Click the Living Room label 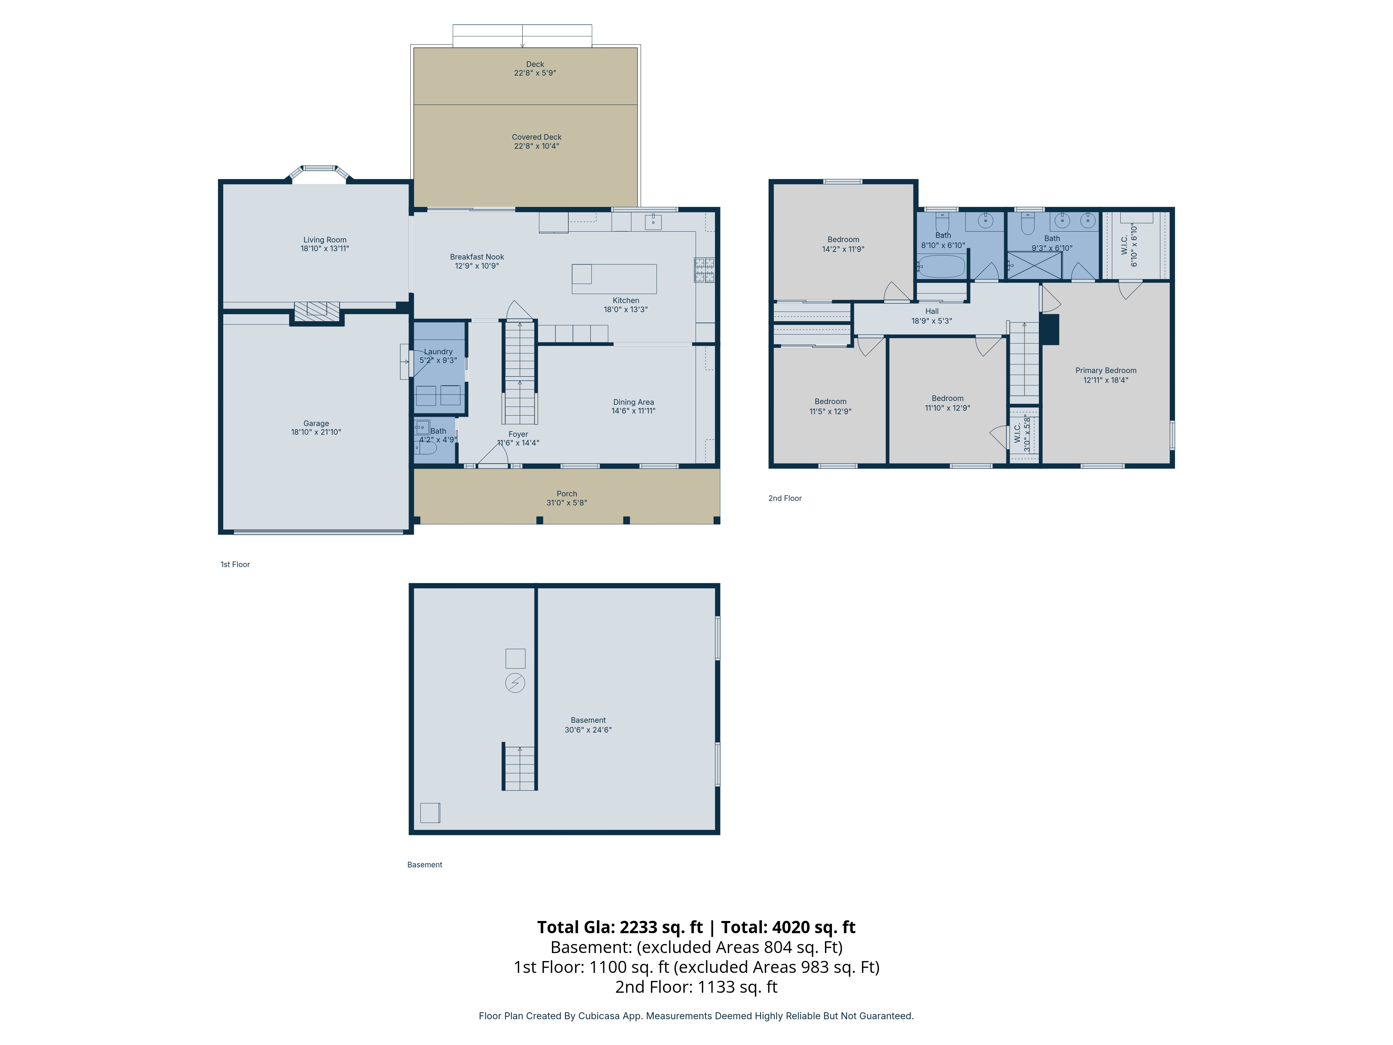pos(325,240)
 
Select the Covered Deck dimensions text pos(537,146)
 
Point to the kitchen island pos(614,279)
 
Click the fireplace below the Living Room pos(317,311)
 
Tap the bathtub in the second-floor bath pos(941,266)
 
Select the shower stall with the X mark pos(1035,265)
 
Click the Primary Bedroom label pos(1106,370)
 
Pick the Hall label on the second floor pos(932,311)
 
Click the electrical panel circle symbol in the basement pos(515,683)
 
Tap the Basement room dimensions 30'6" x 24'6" pos(588,730)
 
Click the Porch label pos(567,494)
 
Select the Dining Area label pos(633,402)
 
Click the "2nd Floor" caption pos(785,498)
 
